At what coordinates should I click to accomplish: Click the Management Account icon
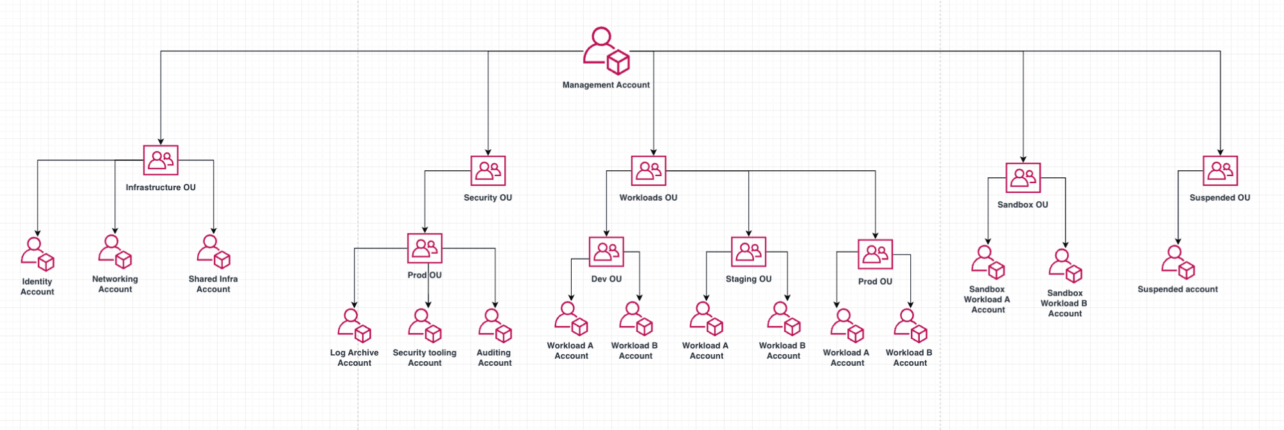606,51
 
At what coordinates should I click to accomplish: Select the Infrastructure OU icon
161,161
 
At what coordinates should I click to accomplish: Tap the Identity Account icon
37,255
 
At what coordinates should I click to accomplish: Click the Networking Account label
115,284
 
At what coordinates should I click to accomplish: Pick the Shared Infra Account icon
213,252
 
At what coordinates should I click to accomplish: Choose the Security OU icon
488,171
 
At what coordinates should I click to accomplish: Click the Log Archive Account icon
355,326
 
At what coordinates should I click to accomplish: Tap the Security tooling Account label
425,358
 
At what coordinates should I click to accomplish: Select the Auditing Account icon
495,326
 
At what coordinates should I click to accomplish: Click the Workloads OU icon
649,171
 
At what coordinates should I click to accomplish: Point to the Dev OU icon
606,252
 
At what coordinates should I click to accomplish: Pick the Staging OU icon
748,252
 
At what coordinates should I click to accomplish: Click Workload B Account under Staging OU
784,319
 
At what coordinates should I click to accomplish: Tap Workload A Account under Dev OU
571,319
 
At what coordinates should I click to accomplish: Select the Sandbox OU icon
1023,178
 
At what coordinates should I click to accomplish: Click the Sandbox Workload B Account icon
1066,266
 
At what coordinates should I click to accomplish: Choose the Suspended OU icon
1220,171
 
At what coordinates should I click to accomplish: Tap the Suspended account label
1177,289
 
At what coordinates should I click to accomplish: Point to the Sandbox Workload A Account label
987,300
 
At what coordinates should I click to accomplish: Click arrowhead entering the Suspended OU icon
1220,152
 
